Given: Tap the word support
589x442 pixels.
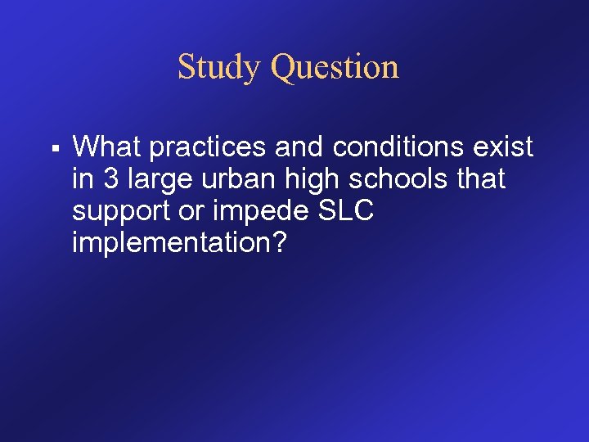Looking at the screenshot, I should (x=117, y=211).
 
